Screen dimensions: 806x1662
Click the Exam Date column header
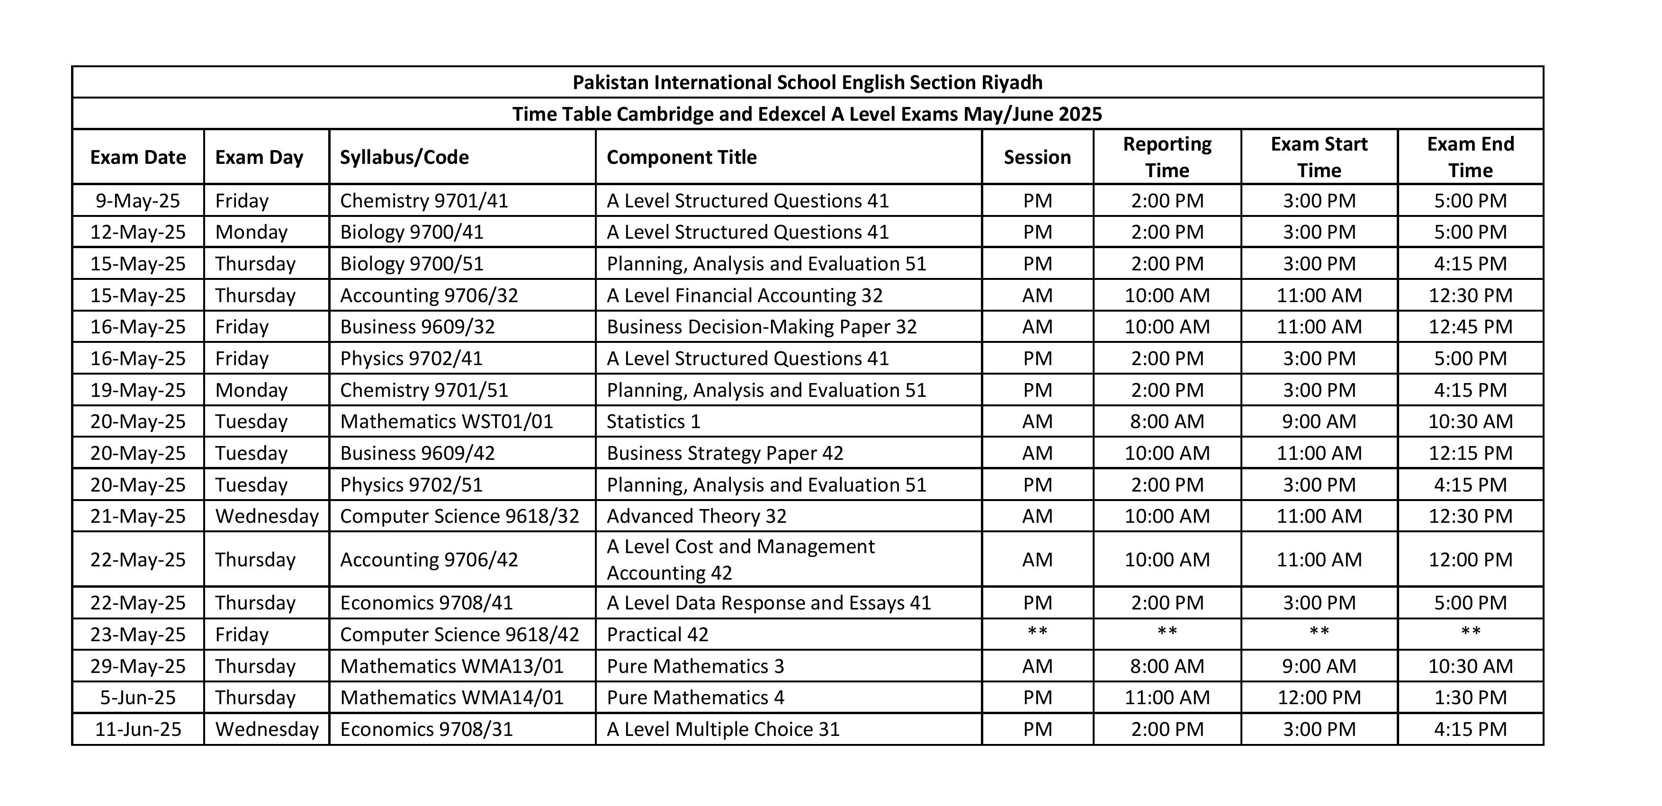point(138,157)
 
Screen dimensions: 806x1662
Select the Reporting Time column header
point(1167,157)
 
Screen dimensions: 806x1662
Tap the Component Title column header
point(681,157)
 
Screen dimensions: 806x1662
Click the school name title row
point(807,82)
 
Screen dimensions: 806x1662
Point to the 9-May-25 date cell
point(138,201)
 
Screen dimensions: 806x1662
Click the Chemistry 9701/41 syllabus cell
point(424,201)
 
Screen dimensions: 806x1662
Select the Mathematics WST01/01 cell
point(447,421)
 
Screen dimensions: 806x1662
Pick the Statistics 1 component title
point(653,421)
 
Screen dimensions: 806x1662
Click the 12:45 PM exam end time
point(1470,327)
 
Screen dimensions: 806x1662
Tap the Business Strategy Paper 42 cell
point(725,453)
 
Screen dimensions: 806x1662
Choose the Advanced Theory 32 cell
point(696,516)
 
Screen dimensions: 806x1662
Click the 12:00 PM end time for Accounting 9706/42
point(1470,559)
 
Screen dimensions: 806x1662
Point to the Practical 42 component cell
point(657,635)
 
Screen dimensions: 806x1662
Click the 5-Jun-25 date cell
point(138,698)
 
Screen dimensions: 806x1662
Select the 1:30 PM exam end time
point(1470,698)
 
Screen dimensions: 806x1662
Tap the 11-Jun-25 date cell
point(138,729)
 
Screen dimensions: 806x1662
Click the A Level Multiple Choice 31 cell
point(723,729)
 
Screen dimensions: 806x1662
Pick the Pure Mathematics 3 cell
point(695,666)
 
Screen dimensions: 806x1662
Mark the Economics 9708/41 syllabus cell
point(426,603)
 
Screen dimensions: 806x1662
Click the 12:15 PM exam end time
point(1470,453)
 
